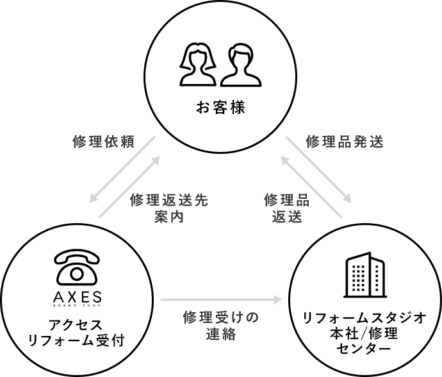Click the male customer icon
[241, 65]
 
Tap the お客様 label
[220, 107]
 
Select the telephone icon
[77, 266]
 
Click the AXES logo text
[77, 297]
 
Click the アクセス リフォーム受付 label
[76, 331]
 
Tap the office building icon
[364, 276]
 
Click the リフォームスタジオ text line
[364, 318]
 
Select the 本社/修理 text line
[364, 333]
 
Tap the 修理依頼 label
[103, 142]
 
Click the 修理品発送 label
[345, 142]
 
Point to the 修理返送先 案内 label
[169, 208]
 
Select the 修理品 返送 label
[287, 208]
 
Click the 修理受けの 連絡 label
[220, 325]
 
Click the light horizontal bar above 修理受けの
[221, 300]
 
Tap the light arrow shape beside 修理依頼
[126, 176]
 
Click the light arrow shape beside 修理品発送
[315, 176]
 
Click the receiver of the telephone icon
[77, 256]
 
